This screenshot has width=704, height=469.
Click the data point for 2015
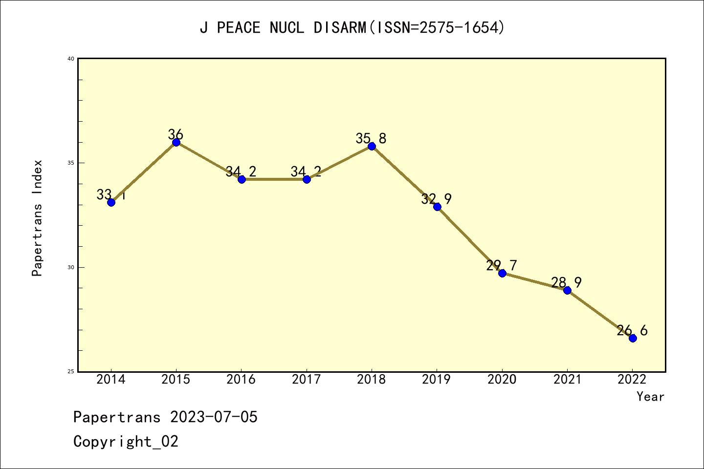click(176, 142)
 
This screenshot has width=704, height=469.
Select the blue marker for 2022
click(633, 338)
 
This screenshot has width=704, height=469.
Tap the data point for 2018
click(372, 146)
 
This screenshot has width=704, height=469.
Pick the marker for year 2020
click(502, 273)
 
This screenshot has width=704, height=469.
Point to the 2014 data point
click(111, 202)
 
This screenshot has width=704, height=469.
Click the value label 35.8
click(371, 139)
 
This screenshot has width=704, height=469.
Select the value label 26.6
click(632, 331)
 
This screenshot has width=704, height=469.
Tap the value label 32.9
click(436, 199)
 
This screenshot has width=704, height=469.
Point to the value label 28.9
click(566, 283)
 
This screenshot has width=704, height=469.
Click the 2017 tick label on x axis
click(307, 380)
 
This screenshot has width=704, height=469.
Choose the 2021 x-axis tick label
click(567, 380)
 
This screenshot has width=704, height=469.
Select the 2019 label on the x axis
click(437, 380)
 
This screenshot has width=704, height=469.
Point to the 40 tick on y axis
click(70, 59)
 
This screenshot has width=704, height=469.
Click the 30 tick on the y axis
click(70, 267)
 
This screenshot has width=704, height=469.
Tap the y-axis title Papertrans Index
click(38, 218)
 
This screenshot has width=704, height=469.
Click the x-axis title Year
click(650, 397)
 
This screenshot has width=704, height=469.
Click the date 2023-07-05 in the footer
click(214, 417)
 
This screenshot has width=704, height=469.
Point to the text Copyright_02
click(126, 442)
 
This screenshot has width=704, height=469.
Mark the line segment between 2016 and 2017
click(274, 179)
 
